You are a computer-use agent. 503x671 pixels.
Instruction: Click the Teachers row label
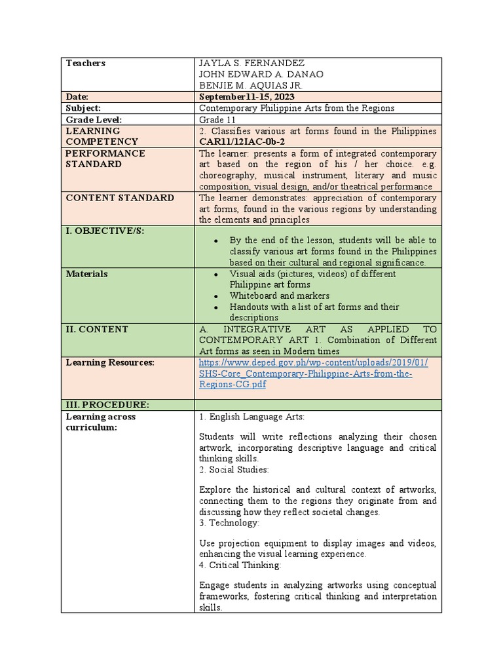(85, 64)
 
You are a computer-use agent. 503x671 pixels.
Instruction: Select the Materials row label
(87, 274)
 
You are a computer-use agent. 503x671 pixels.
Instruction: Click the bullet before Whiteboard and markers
(215, 296)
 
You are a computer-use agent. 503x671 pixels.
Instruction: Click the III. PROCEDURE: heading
(107, 405)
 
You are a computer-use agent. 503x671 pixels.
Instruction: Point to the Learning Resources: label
(110, 362)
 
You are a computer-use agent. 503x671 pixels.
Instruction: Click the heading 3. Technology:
(229, 523)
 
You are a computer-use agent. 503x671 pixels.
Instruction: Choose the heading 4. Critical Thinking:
(240, 565)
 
